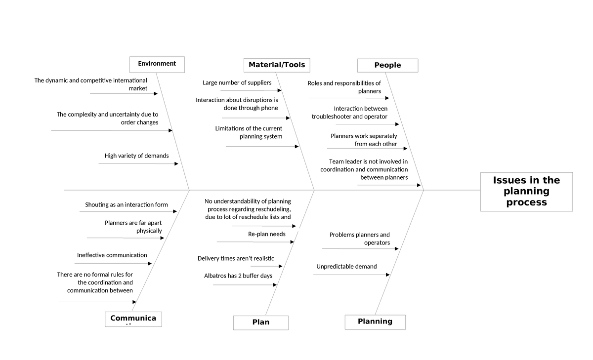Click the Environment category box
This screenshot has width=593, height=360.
(x=157, y=64)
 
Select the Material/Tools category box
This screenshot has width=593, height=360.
(x=277, y=65)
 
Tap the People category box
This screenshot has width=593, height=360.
(x=387, y=66)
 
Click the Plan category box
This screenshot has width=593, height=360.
(x=260, y=322)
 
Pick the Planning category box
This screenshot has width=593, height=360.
(x=375, y=322)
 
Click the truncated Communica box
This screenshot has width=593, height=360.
(x=133, y=319)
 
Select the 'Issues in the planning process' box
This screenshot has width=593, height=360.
(x=526, y=192)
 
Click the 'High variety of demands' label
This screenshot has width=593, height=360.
(x=136, y=156)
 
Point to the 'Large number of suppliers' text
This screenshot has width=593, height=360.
(x=237, y=83)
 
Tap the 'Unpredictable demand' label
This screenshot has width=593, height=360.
(x=346, y=267)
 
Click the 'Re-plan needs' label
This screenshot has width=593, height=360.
(x=266, y=234)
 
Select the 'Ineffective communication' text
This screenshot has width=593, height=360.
(x=112, y=255)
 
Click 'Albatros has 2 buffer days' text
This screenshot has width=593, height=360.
(x=238, y=276)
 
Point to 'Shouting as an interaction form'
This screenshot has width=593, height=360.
(x=126, y=205)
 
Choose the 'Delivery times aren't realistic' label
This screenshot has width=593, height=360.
(x=236, y=259)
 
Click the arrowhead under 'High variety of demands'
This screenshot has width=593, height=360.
(x=176, y=163)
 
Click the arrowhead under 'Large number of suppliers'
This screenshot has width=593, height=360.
(x=279, y=90)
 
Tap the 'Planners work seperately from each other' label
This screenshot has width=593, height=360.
(x=364, y=140)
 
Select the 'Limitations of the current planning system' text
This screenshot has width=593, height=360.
(x=249, y=132)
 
